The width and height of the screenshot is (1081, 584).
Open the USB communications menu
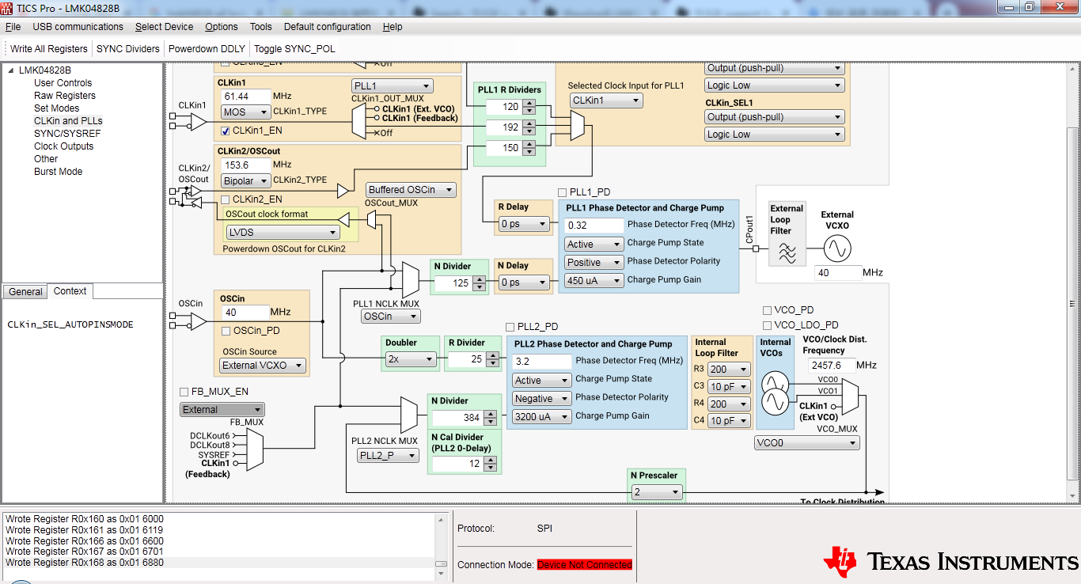coord(78,26)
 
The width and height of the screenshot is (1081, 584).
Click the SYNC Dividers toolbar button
coord(127,48)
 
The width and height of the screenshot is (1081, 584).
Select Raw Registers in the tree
coord(64,96)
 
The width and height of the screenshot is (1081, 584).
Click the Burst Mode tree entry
coord(58,172)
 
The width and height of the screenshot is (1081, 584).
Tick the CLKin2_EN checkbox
coord(226,199)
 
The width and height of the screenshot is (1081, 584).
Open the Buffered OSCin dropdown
coord(411,190)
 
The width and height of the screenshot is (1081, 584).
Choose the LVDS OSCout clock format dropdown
coord(283,233)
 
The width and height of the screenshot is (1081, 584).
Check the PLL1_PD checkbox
coord(563,192)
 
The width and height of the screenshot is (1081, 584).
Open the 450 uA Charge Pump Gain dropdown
coord(593,280)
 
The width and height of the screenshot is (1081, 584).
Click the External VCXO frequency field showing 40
coord(837,273)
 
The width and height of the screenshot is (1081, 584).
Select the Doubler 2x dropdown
coord(410,359)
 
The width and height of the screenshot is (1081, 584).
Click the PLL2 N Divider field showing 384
coord(459,418)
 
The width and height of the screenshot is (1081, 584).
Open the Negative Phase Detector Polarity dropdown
coord(541,399)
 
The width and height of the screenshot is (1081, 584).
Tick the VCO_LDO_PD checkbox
coord(767,325)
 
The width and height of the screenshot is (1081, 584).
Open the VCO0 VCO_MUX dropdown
coord(806,443)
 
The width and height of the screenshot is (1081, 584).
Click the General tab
coord(25,292)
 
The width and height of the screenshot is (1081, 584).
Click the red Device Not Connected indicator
coord(584,565)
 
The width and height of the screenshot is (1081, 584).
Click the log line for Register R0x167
coord(85,552)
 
